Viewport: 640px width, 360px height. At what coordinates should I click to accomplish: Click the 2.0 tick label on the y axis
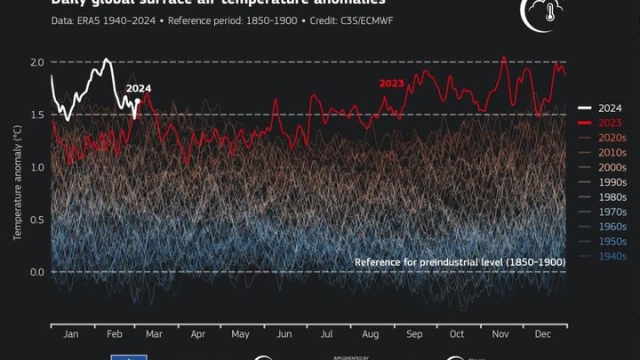36,62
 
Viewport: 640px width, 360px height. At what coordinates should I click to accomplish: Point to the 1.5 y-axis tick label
36,115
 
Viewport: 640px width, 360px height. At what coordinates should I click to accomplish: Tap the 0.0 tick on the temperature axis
36,272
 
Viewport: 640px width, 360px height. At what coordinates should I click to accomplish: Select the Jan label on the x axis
72,335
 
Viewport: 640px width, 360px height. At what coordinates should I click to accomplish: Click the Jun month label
284,335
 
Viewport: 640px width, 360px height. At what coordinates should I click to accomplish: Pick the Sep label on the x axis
413,335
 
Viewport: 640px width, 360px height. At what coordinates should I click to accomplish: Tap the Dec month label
542,335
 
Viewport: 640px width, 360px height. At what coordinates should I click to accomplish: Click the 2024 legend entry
609,107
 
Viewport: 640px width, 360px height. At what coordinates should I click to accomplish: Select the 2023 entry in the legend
609,122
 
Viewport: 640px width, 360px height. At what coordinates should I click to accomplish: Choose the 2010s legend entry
609,152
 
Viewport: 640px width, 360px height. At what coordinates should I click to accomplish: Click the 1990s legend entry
609,181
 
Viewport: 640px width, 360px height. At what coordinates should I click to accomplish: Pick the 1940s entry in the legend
609,256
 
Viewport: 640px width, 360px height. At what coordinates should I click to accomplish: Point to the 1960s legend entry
609,227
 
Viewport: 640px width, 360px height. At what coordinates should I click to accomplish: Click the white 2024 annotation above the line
139,89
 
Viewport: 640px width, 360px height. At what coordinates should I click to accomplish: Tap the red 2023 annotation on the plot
392,84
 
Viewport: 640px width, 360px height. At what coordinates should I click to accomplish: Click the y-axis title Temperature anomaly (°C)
17,183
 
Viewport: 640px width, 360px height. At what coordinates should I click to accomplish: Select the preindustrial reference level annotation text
460,262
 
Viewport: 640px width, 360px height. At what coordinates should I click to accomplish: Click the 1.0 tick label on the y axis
36,167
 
